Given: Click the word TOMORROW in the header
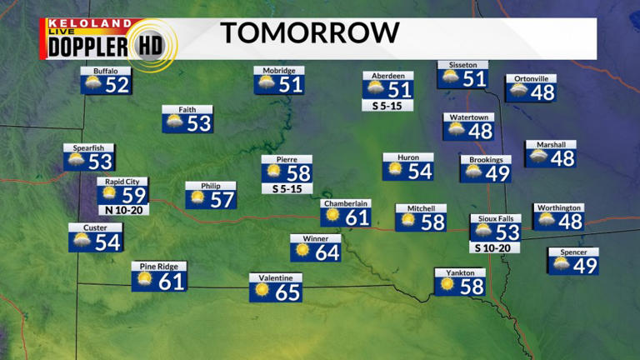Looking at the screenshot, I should pos(309,33).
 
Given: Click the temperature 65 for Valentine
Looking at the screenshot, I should pos(287,292).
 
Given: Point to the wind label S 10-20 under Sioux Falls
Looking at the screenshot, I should pos(496,247).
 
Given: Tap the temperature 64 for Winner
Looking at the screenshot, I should pos(327,252).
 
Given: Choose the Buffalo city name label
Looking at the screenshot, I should pos(106,71).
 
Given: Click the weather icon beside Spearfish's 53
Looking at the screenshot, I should pos(76,161).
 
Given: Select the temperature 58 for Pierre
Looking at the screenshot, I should pos(298,173).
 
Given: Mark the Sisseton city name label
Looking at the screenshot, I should pos(462,64).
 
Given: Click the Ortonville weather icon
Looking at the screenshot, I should pos(518,90).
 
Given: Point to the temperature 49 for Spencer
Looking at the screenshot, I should pos(585,265).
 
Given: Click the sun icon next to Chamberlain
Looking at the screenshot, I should pos(332,215).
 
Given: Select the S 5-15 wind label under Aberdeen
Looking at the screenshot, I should pos(387,106).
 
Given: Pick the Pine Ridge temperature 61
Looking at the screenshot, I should pos(172,282).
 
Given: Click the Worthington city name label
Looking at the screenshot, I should pos(558,207).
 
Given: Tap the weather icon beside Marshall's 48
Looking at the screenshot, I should pos(537,157).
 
